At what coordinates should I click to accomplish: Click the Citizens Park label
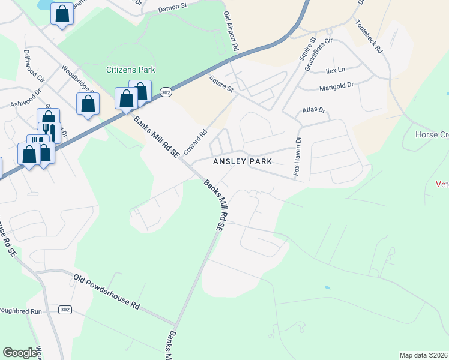tap(130, 70)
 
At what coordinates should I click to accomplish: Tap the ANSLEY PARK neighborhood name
tap(243, 161)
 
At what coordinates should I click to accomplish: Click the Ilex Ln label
tap(336, 70)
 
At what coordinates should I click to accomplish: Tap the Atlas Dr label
tap(313, 110)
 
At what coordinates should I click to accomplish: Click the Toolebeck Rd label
tap(369, 37)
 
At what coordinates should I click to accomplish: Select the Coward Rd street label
tap(196, 142)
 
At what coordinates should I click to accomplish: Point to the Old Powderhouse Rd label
tap(107, 292)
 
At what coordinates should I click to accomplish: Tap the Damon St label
tap(173, 10)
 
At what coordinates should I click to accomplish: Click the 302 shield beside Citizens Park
tap(166, 92)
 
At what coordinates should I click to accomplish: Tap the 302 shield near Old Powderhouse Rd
tap(66, 310)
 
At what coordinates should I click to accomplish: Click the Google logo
tap(20, 353)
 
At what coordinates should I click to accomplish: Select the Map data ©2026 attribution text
tap(423, 355)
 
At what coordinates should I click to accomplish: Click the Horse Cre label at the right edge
tap(432, 134)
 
